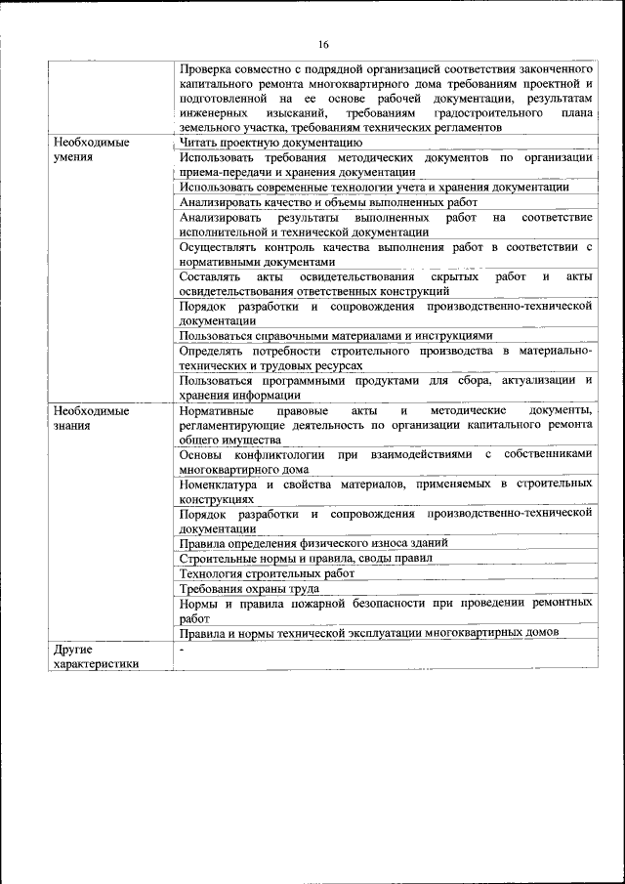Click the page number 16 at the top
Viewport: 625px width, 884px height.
point(323,44)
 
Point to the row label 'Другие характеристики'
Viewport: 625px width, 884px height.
point(96,655)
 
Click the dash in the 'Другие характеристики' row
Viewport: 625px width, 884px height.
point(182,649)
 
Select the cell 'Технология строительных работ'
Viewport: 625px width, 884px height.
point(267,573)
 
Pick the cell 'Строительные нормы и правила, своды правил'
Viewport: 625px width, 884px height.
point(306,559)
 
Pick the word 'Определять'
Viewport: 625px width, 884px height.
point(213,350)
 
